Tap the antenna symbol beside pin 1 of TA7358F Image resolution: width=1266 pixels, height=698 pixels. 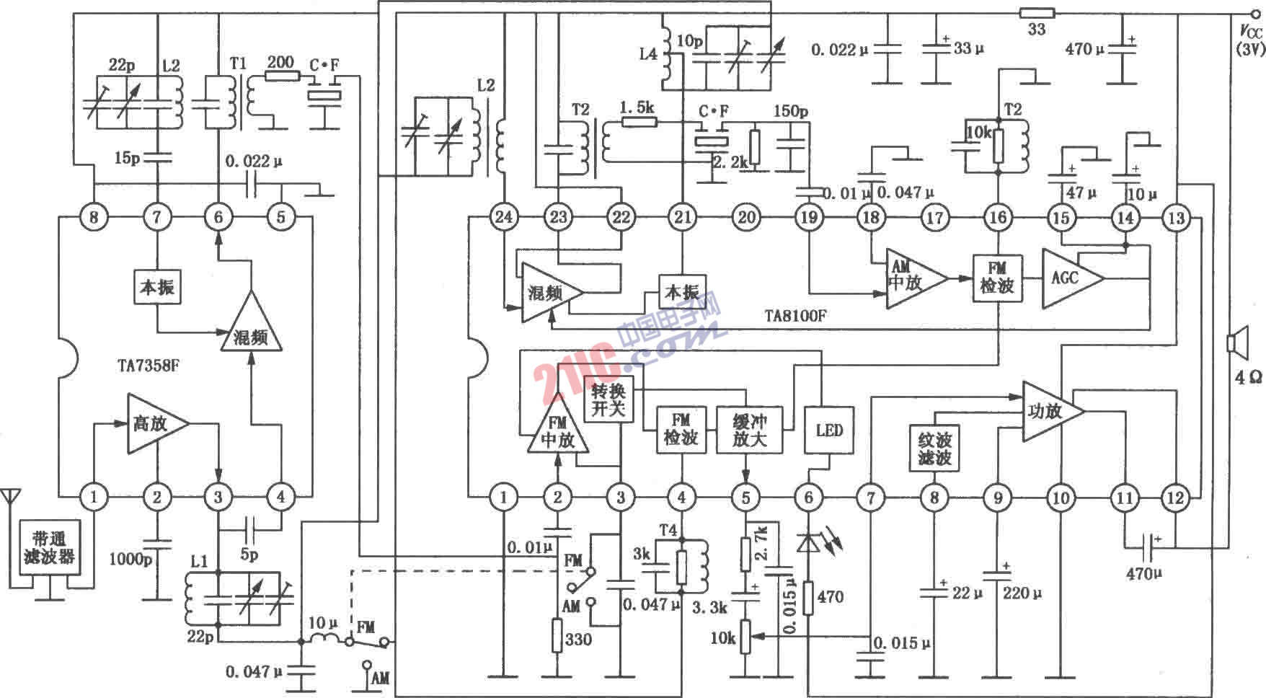(10, 497)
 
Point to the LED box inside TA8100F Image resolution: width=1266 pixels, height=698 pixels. (829, 430)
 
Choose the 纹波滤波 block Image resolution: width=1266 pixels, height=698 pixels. (934, 449)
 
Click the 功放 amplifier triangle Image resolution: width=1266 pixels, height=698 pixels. (1050, 412)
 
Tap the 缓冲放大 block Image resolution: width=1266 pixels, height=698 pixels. (749, 430)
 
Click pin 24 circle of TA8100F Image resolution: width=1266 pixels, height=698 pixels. (504, 216)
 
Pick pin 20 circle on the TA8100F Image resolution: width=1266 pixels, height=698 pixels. (747, 216)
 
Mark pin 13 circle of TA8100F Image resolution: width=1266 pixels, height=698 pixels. (1177, 216)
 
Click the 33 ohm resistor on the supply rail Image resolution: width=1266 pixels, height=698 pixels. (1037, 13)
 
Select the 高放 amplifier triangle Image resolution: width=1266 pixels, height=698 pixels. (156, 423)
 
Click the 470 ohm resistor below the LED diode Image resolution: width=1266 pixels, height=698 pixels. (809, 597)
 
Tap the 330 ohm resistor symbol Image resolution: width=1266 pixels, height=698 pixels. (557, 636)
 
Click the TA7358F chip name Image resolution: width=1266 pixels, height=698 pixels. (149, 366)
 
